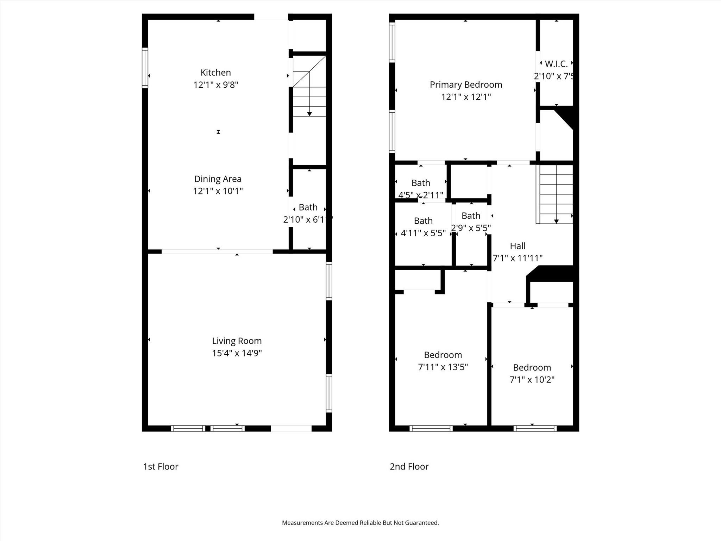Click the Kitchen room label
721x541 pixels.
[x=215, y=73]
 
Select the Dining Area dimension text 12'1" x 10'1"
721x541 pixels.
[x=218, y=191]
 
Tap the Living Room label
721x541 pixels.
[x=237, y=341]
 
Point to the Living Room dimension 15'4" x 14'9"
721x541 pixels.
[x=237, y=353]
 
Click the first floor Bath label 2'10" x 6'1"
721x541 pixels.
[x=308, y=207]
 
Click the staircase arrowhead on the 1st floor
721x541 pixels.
[x=309, y=114]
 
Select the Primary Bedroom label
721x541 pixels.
[x=465, y=85]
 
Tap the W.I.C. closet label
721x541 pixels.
[x=556, y=64]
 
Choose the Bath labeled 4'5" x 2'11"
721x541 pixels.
[x=420, y=183]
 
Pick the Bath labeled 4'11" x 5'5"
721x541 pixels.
[x=423, y=221]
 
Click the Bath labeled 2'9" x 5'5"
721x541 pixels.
[x=471, y=216]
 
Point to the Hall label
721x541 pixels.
[x=518, y=246]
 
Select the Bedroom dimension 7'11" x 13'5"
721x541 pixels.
[x=443, y=367]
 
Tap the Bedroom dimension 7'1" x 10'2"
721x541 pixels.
[x=532, y=380]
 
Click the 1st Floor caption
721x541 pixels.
[x=161, y=466]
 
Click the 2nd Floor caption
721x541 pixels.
[x=409, y=466]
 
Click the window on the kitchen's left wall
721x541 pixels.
[x=145, y=68]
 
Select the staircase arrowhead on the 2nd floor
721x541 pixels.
[x=556, y=221]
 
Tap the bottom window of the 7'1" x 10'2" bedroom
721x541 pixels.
[x=535, y=428]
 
